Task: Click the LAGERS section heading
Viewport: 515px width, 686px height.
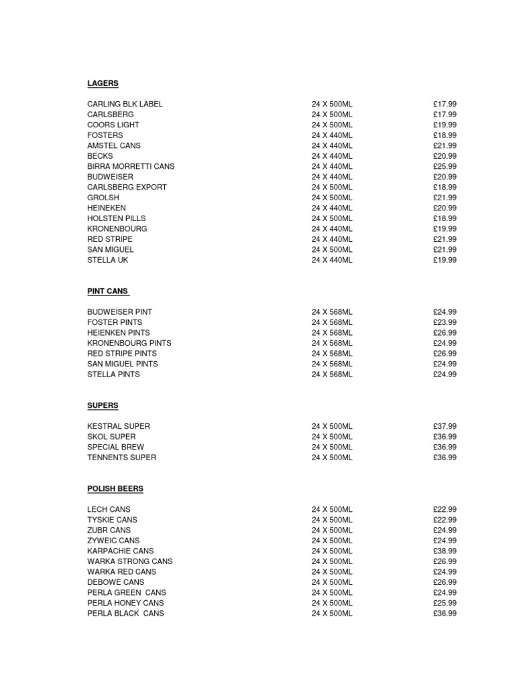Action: click(x=103, y=83)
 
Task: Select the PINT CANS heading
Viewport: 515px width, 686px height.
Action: click(x=107, y=291)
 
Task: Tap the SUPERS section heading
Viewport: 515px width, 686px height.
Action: click(x=103, y=405)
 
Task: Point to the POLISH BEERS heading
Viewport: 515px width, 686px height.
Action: click(x=115, y=488)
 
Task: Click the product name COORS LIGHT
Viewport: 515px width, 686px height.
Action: click(x=113, y=125)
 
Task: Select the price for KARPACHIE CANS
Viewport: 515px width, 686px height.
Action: click(x=445, y=551)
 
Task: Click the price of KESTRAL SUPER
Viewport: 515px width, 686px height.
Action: click(x=445, y=426)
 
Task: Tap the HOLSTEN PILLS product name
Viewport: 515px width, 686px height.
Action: click(x=116, y=218)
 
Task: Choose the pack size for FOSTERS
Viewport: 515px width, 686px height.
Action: click(x=331, y=135)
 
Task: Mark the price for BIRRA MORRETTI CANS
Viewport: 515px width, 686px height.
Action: click(x=445, y=166)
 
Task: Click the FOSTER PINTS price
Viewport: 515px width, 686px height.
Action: click(x=445, y=322)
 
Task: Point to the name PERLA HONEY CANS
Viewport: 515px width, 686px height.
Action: click(x=125, y=603)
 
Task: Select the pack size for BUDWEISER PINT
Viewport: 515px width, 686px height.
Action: click(x=331, y=312)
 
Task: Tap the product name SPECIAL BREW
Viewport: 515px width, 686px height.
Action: click(x=115, y=447)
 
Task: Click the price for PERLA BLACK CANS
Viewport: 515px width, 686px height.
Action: click(x=445, y=613)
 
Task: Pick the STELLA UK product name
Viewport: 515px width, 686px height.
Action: click(x=107, y=260)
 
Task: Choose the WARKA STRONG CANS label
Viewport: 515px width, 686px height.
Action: click(x=129, y=561)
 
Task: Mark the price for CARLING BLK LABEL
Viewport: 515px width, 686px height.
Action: click(x=445, y=104)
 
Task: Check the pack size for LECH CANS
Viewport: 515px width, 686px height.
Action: click(x=331, y=509)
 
